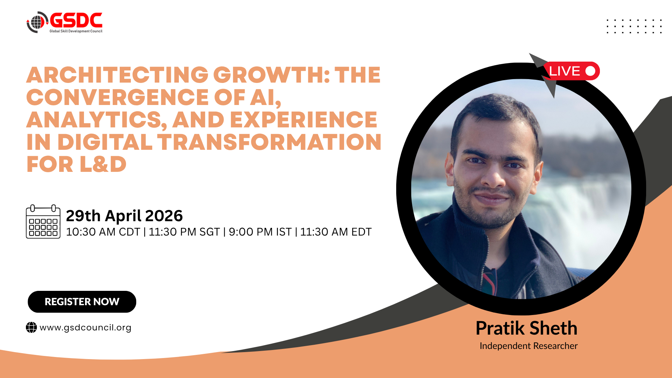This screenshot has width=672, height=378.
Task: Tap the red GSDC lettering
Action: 76,20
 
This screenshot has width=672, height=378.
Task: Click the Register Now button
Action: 82,302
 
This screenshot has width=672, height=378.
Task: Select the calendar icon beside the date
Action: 43,222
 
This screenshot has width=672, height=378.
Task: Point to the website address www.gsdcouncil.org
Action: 85,328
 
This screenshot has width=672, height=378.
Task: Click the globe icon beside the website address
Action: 31,328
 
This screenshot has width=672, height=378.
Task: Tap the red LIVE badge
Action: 572,71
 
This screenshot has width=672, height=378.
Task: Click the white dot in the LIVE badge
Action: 590,71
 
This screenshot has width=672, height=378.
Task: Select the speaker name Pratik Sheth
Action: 526,328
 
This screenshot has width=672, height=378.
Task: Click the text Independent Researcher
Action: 528,346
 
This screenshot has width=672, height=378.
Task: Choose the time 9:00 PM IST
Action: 260,232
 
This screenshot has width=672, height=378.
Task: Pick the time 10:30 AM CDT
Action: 103,232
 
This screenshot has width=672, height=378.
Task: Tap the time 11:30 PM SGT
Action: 184,232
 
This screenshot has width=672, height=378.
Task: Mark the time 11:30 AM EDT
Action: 336,232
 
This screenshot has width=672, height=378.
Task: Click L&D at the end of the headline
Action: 103,164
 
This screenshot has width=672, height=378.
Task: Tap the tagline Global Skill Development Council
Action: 76,31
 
